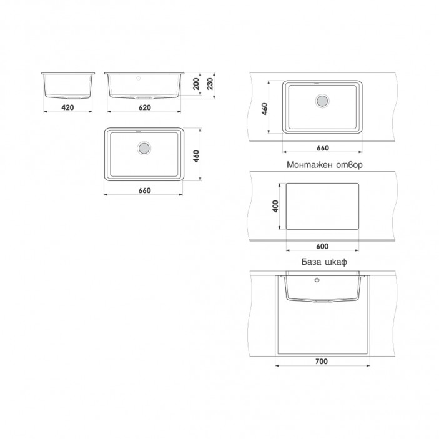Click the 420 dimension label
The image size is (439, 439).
(x=67, y=107)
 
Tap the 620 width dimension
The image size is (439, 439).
(x=144, y=107)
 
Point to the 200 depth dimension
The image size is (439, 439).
(x=196, y=84)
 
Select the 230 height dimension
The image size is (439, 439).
(x=210, y=84)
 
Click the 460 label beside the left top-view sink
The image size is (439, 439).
(x=196, y=156)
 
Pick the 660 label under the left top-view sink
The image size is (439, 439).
(x=144, y=190)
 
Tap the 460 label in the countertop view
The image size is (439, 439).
(x=265, y=109)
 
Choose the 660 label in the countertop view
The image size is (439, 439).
(x=322, y=148)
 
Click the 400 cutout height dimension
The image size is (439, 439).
(x=275, y=206)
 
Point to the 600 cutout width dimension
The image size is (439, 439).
(x=322, y=247)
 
